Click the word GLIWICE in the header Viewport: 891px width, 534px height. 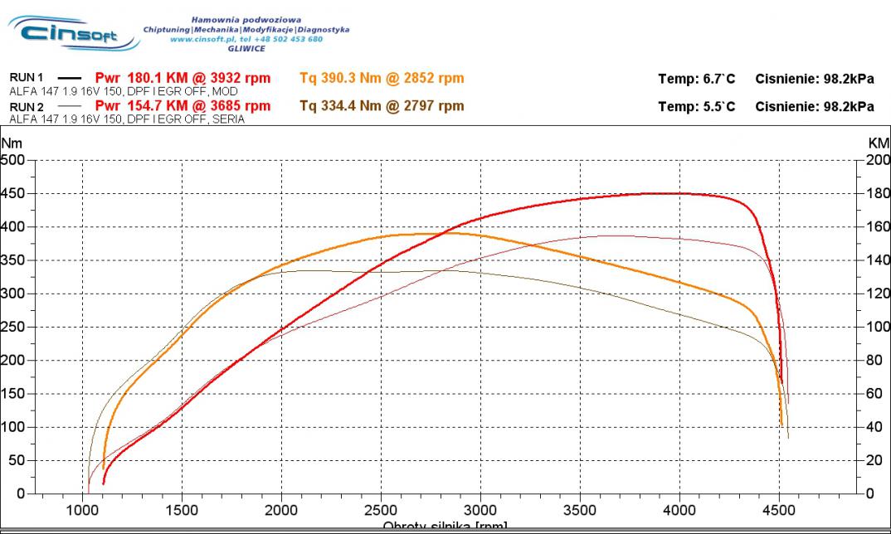pos(246,48)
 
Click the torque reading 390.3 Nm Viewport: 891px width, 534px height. pos(338,78)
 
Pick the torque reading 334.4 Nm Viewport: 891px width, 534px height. pos(338,106)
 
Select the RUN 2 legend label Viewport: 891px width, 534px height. pos(26,107)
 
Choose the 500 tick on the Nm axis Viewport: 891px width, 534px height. pos(13,160)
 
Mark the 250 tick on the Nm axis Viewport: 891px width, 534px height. pos(13,327)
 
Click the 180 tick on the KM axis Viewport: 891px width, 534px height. pos(878,193)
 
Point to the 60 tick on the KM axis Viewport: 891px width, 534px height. pos(875,393)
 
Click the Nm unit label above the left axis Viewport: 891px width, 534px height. pos(12,143)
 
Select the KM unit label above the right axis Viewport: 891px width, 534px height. pos(878,143)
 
